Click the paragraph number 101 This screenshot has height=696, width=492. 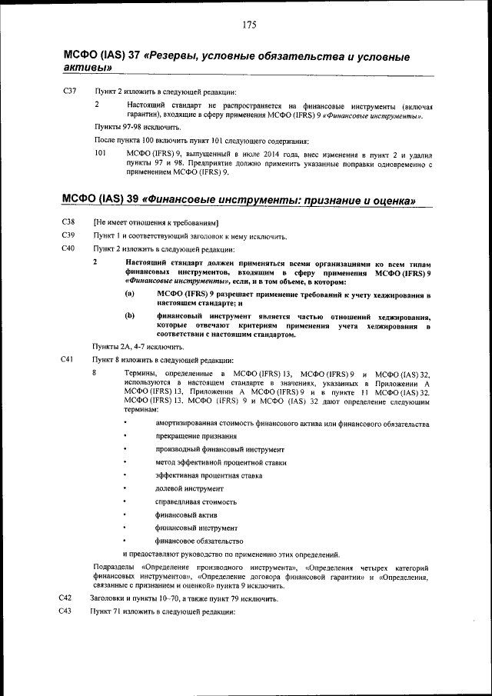(x=100, y=154)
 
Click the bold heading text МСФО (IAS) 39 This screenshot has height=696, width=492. (x=99, y=200)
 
